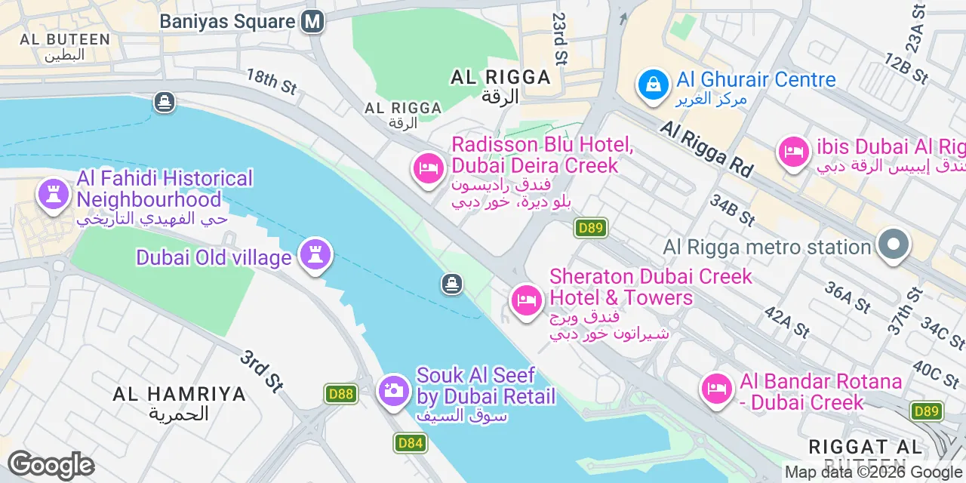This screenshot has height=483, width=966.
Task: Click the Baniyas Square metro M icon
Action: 312,21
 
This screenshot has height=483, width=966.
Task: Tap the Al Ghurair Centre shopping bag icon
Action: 653,85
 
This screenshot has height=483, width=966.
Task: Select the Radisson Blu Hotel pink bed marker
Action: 428,168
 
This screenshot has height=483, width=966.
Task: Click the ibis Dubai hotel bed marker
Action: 793,152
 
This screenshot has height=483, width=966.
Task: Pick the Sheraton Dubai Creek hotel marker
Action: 526,300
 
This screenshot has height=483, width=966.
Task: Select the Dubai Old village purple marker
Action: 315,255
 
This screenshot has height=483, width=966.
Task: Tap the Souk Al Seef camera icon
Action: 393,390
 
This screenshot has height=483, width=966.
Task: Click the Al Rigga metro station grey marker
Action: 894,245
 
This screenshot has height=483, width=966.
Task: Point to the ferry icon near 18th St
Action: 165,101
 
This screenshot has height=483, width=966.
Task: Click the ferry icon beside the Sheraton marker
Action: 451,284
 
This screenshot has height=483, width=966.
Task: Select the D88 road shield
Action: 341,393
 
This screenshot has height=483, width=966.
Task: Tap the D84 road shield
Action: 410,443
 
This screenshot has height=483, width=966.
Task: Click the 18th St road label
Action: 272,82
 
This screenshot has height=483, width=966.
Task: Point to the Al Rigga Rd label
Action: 706,150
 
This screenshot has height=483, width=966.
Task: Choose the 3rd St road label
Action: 261,371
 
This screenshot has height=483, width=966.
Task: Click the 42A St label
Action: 786,321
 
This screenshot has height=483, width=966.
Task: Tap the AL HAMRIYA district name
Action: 179,394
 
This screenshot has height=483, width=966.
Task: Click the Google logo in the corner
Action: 51,465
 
